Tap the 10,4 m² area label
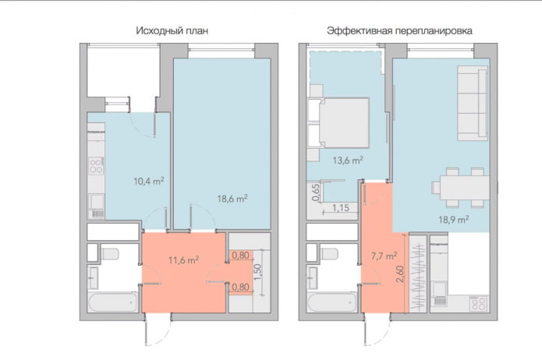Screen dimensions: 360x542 (x=149, y=181)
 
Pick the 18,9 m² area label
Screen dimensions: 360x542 (x=452, y=220)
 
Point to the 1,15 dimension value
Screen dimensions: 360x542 (x=341, y=208)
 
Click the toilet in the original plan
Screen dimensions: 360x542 (x=107, y=252)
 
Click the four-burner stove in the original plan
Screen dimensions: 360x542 (x=97, y=165)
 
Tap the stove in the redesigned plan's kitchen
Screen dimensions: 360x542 (x=478, y=302)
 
